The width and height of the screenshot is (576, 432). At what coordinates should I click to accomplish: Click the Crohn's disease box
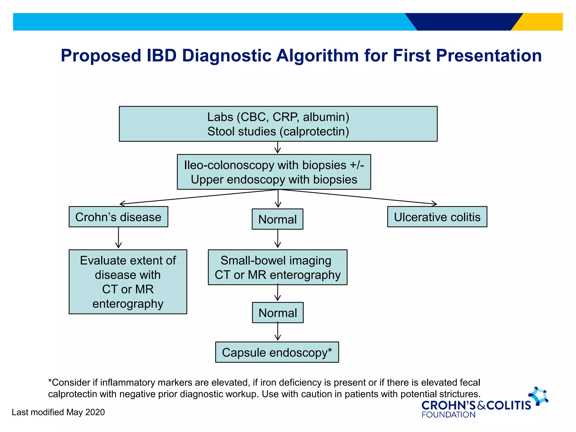pos(118,217)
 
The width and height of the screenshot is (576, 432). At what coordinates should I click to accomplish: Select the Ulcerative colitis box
pos(437,217)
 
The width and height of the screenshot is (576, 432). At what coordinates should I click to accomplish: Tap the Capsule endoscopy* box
pos(277,352)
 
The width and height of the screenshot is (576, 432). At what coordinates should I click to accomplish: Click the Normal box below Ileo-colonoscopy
pos(278,219)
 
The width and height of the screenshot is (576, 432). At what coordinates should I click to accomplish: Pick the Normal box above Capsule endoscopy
pos(278,313)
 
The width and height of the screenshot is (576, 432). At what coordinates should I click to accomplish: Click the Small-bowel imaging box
pos(278,267)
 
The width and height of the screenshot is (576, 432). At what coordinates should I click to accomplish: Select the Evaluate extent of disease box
pos(128,282)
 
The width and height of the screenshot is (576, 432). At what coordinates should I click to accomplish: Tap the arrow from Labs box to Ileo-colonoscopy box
pos(278,148)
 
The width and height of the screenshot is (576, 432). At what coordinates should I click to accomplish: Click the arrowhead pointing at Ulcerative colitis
pos(435,203)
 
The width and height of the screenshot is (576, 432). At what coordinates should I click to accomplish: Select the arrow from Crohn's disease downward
pos(118,238)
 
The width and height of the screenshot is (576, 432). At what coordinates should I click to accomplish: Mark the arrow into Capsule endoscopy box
pos(278,332)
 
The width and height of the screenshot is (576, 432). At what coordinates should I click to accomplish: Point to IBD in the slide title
pos(161,55)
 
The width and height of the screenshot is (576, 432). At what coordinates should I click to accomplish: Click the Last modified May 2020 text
pos(58,412)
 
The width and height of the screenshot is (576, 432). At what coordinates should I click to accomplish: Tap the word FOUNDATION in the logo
pos(448,415)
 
